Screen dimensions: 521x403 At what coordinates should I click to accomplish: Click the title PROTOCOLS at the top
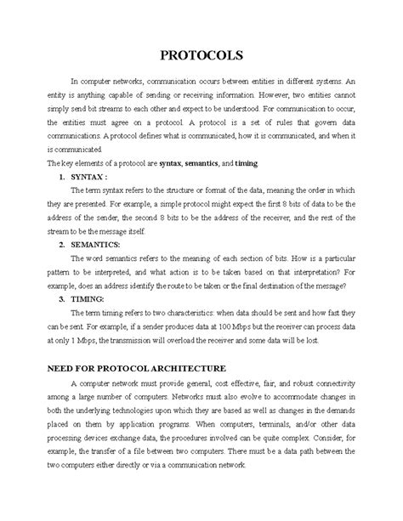(201, 55)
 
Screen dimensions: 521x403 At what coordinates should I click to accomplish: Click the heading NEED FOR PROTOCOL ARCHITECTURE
(137, 368)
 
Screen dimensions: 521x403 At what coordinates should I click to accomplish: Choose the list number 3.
(61, 300)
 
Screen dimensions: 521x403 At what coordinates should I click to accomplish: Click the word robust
(290, 383)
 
